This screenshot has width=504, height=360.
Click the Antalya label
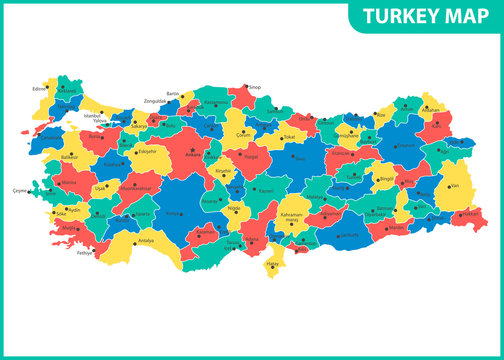tap(147, 240)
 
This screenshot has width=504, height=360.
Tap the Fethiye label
tap(84, 252)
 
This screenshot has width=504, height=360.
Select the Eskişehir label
tap(147, 152)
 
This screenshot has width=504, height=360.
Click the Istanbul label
tap(92, 117)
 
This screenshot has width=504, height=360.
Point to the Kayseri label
tap(265, 189)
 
